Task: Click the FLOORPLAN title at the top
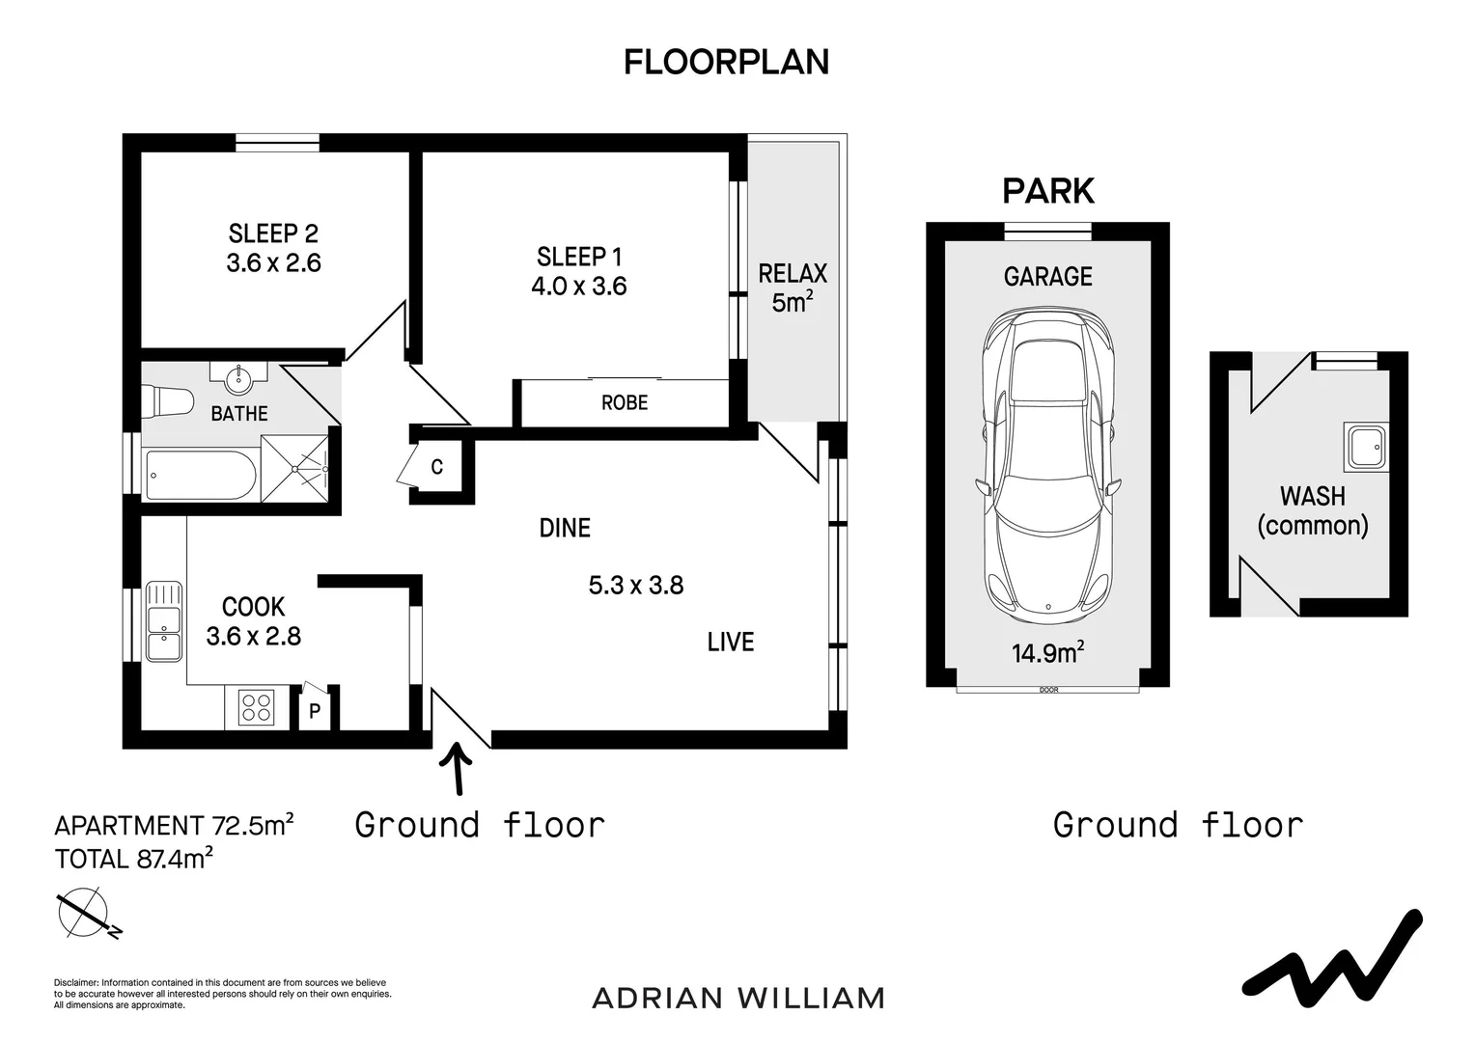[726, 63]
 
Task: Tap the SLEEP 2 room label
[273, 233]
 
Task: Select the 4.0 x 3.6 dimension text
[579, 287]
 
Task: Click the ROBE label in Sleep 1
[625, 402]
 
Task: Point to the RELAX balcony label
[793, 274]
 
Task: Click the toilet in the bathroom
[167, 400]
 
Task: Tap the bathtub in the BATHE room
[200, 475]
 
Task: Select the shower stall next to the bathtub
[294, 468]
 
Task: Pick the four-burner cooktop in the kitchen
[256, 707]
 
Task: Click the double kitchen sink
[163, 620]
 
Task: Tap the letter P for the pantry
[315, 711]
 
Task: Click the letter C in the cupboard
[436, 467]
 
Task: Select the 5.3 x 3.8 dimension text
[636, 586]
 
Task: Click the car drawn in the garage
[1047, 467]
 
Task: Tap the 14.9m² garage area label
[1047, 652]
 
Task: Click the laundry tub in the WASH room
[1366, 447]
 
